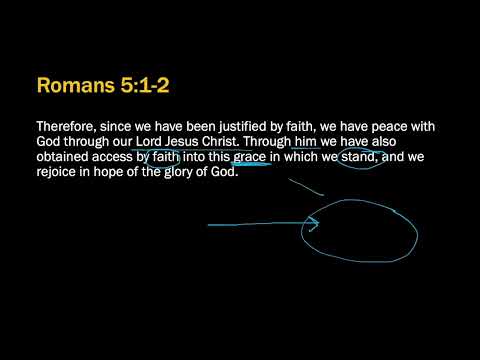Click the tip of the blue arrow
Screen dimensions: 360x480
tap(318, 223)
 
